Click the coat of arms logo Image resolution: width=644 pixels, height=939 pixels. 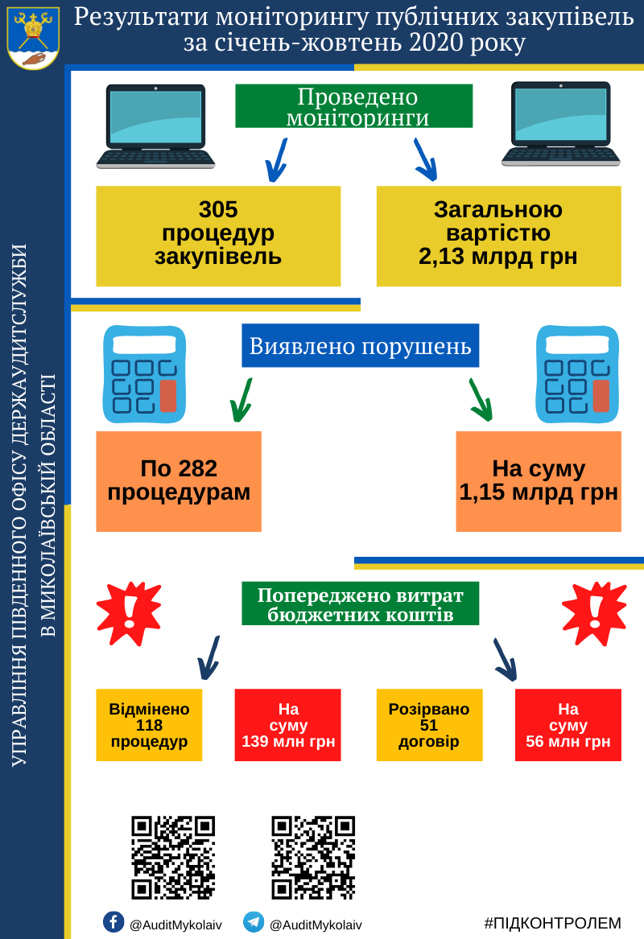[32, 35]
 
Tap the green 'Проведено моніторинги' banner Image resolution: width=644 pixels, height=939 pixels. [353, 106]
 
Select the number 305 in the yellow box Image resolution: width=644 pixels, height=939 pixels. [218, 210]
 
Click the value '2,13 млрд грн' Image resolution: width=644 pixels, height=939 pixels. [497, 256]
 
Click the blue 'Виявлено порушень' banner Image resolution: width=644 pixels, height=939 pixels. [360, 346]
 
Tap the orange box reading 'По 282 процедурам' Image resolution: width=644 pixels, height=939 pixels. [179, 481]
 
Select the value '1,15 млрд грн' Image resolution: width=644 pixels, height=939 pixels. [539, 492]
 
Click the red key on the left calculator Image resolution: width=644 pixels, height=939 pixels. [168, 395]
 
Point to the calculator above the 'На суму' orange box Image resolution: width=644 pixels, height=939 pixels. [577, 373]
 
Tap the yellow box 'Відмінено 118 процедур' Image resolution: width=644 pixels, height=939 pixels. [149, 725]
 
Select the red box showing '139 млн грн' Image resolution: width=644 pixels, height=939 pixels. [287, 725]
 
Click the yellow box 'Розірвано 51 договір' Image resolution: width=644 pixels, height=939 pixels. [429, 725]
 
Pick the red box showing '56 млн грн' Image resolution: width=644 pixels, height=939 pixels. [568, 725]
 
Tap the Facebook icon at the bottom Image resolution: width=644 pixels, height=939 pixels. [113, 921]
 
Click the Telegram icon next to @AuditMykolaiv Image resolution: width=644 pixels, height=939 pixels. [254, 922]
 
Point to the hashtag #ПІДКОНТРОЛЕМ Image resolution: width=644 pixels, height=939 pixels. [552, 923]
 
